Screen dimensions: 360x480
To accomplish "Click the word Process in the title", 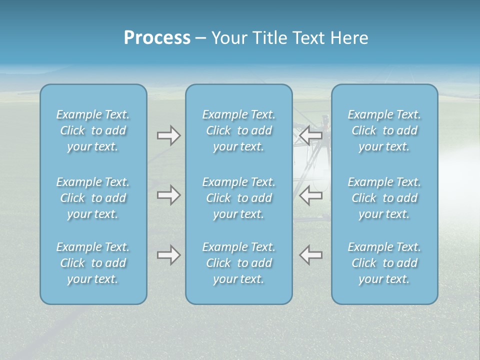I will [x=157, y=38].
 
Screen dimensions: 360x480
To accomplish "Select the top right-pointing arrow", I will [x=168, y=135].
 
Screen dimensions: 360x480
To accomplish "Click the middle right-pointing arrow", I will [x=168, y=195].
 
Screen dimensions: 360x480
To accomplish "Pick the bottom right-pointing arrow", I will [x=168, y=255].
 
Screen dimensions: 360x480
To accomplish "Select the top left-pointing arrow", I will [x=310, y=135].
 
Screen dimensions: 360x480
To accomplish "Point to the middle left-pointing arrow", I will [x=310, y=195].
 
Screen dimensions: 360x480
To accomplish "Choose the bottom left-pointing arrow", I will [x=310, y=255].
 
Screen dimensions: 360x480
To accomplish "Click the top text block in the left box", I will [x=93, y=130].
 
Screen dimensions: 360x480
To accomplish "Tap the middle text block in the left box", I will [x=93, y=198].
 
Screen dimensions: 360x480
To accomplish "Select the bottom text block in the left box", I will [x=93, y=263].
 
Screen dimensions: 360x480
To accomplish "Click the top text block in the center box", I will [x=239, y=130].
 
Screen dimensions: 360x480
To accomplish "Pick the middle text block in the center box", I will [x=239, y=198].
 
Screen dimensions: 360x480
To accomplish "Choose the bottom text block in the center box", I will [x=239, y=263].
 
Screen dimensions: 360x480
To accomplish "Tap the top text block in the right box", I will [x=384, y=130].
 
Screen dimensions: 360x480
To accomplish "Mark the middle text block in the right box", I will [x=384, y=198].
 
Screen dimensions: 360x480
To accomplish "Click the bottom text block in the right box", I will [x=384, y=263].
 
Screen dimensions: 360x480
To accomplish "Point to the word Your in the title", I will [x=228, y=38].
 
